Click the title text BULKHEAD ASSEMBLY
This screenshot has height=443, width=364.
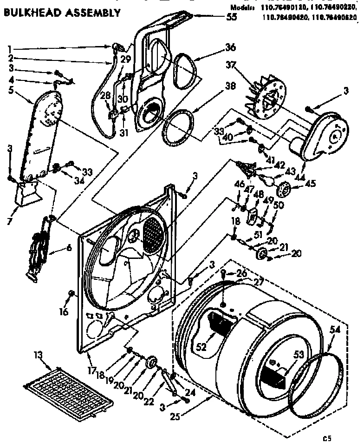coord(62,13)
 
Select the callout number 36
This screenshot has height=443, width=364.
coord(231,47)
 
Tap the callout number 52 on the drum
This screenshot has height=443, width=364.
coord(201,346)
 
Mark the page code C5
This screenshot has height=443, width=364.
coord(327,437)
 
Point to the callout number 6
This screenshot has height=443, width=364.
coord(69,248)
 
